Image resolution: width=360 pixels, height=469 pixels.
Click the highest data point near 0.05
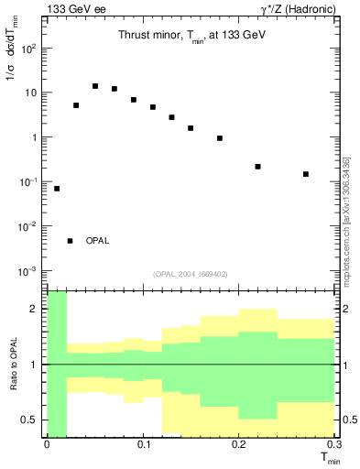pos(95,86)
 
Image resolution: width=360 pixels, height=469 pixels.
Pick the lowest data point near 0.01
pos(57,189)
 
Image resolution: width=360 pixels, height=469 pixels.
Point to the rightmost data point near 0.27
pos(306,174)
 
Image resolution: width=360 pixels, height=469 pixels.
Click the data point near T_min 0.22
pos(257,167)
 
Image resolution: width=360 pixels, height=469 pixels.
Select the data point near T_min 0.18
pos(220,138)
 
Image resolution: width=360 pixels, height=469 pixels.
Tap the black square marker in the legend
pos(70,241)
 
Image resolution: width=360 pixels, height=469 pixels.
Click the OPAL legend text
pos(98,241)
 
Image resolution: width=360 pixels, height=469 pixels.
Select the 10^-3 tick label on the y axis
pos(29,271)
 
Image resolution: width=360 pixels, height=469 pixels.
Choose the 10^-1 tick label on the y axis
pos(29,182)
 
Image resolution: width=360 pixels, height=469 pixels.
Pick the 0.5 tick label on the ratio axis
pos(30,420)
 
